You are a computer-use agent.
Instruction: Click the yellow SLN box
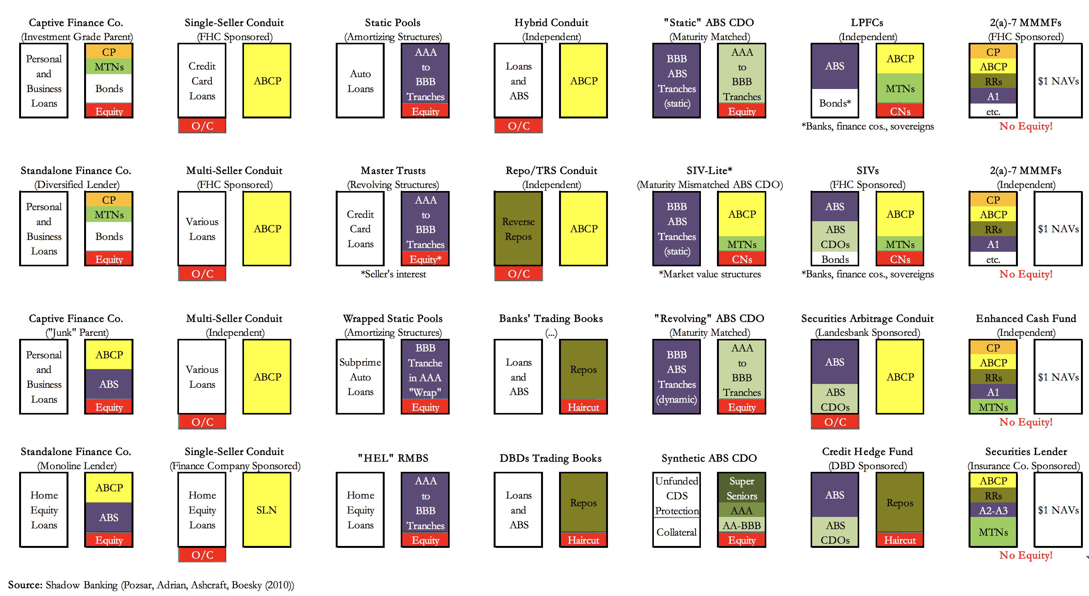tap(267, 509)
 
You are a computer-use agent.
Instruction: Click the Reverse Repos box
tap(518, 228)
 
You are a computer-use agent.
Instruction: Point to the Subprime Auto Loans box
tap(360, 376)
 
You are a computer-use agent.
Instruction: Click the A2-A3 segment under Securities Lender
tap(993, 510)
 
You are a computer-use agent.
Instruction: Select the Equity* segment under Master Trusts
tap(425, 259)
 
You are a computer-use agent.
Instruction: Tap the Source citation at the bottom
tap(151, 585)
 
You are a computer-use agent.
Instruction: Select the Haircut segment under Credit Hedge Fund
tap(900, 540)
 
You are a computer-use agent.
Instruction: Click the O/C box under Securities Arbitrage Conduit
tap(835, 421)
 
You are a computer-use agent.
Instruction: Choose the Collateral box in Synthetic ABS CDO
tap(676, 532)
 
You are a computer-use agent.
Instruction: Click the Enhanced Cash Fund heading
tap(1026, 318)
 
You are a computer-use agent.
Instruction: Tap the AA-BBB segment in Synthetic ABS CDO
tap(741, 525)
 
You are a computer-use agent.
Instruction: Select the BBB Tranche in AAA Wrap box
tap(425, 369)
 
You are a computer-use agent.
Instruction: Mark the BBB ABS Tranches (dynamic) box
tap(676, 376)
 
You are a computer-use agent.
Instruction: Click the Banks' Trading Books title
tap(551, 318)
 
